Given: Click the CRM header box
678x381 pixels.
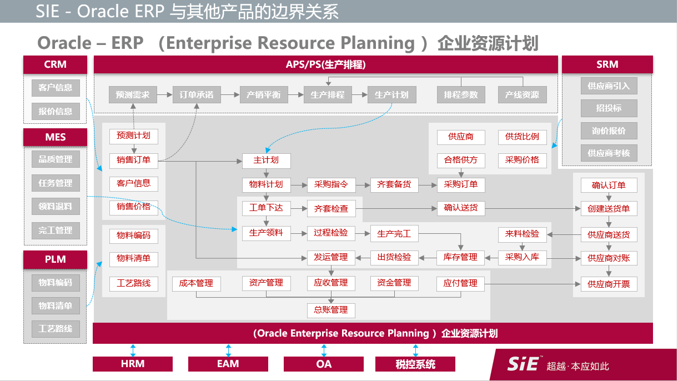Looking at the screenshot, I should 55,64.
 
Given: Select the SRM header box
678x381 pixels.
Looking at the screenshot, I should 607,64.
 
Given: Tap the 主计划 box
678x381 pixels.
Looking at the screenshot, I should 266,161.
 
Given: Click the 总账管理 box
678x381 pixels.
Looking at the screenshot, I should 331,309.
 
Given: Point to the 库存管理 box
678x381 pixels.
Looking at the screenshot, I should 460,257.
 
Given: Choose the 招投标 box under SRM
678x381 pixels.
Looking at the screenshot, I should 609,108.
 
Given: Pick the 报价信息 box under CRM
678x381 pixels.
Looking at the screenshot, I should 55,111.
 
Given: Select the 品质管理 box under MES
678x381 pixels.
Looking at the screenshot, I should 55,159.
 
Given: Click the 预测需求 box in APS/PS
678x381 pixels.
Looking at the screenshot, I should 133,95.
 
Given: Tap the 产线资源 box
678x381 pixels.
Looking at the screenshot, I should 522,95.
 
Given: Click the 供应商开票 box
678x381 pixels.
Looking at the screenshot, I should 609,284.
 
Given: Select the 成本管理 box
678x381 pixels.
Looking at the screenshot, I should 196,283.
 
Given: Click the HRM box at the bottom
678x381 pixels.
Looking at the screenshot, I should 133,364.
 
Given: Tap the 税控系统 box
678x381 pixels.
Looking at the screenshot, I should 415,364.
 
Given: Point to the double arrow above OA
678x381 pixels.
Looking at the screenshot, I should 324,350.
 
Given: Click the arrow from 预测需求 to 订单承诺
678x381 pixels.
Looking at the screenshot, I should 165,95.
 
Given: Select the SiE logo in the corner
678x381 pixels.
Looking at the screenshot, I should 523,364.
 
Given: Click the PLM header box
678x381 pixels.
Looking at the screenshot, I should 55,259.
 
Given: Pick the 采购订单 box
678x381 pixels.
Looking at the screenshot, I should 461,184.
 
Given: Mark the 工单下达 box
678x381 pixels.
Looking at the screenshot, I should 266,208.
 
